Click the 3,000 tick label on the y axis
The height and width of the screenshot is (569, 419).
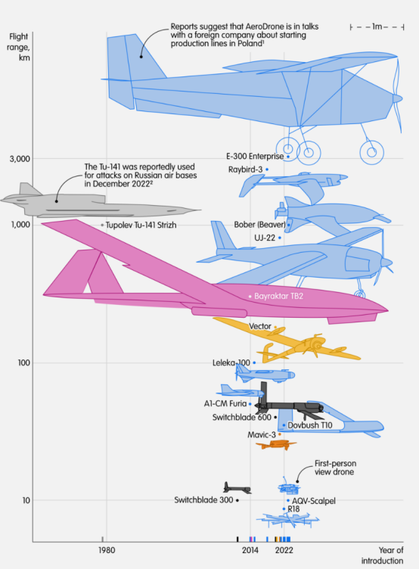(20, 159)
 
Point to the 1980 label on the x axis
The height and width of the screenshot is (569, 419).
(107, 550)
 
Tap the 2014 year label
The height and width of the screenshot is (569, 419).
(250, 550)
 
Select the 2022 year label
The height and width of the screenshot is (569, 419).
(284, 550)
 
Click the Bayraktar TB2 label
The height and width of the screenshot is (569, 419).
(278, 296)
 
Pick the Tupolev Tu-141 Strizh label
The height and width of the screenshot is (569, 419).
(141, 225)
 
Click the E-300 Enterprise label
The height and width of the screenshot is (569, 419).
(255, 157)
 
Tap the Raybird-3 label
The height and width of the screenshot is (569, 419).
(245, 169)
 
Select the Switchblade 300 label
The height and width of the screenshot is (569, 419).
(203, 500)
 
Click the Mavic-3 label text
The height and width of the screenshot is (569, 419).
(262, 435)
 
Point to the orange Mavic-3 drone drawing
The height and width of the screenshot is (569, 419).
(276, 445)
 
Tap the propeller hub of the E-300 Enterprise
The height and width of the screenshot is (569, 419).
(397, 98)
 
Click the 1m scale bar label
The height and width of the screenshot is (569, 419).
(377, 26)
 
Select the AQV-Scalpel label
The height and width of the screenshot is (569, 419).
(314, 501)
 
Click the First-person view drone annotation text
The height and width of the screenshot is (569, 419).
(334, 468)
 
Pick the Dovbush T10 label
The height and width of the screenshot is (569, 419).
(310, 425)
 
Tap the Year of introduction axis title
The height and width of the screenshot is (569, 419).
(383, 555)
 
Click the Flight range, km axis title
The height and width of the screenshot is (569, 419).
(19, 47)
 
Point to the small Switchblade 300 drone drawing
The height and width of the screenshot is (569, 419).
(237, 488)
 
